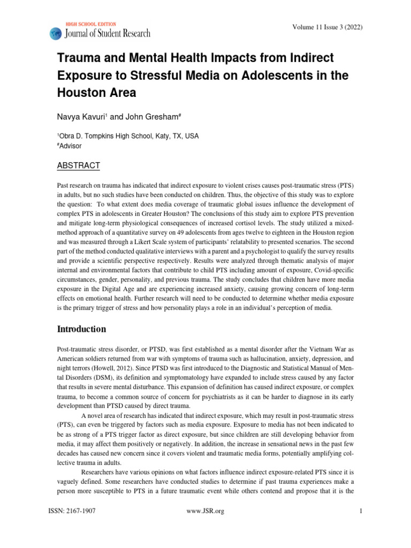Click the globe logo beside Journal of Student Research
click(56, 33)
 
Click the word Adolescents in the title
click(267, 75)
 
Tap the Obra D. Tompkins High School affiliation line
click(128, 136)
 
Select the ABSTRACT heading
click(78, 166)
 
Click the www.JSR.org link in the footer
click(205, 511)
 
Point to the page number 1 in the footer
click(362, 511)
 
